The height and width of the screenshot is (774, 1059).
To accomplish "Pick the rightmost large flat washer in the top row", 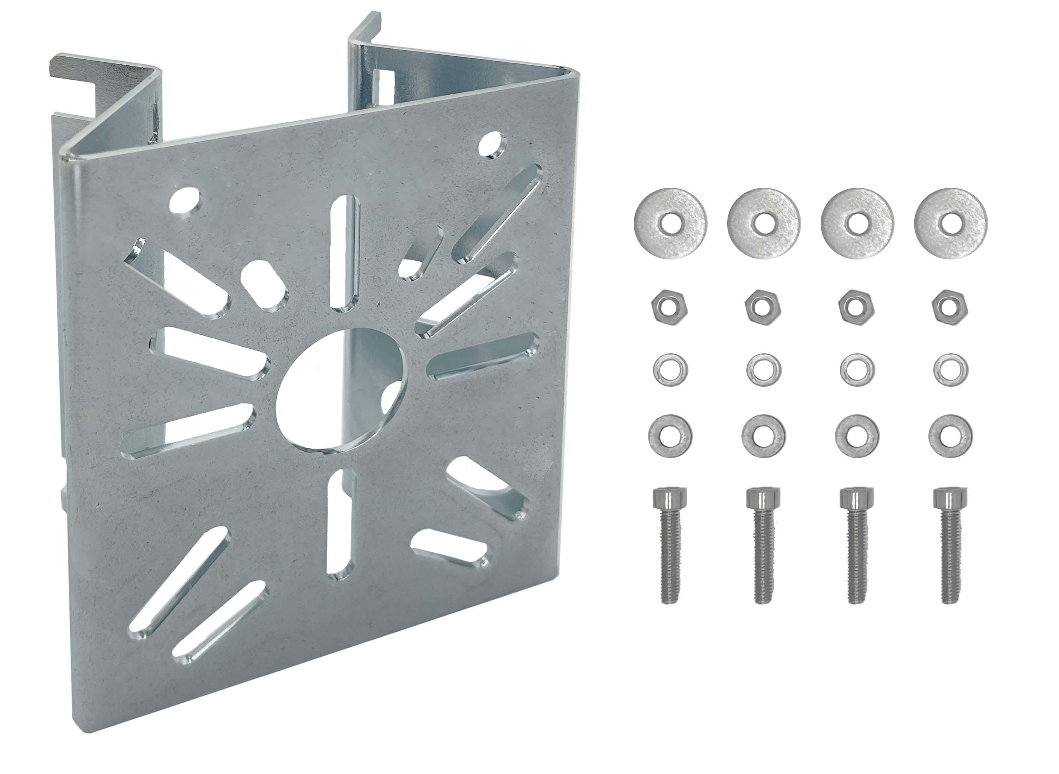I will tap(951, 223).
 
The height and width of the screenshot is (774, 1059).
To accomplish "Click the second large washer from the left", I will tap(764, 223).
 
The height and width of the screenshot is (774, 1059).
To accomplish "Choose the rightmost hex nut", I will tap(950, 307).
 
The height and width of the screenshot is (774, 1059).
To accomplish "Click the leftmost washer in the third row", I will tap(670, 370).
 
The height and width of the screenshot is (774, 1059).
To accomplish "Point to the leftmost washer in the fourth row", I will tap(670, 436).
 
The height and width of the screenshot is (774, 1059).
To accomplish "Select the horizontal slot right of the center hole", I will tap(483, 357).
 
